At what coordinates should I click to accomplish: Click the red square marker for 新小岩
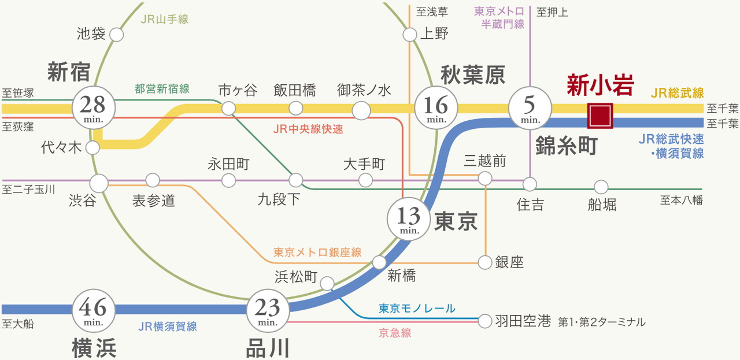600,115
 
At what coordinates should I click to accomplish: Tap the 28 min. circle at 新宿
93,107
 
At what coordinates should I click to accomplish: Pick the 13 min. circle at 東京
409,218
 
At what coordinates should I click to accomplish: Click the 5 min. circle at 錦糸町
530,107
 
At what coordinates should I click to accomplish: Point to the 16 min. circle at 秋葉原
435,107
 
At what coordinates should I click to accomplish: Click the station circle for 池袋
116,35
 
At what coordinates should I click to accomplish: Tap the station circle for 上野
410,35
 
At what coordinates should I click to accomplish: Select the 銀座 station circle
484,262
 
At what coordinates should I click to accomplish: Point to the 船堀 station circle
601,187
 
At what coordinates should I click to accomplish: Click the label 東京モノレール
417,309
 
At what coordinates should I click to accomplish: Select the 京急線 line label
395,333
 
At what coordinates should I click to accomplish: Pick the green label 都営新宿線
162,89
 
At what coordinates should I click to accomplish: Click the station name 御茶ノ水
364,90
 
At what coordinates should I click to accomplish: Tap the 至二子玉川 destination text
29,189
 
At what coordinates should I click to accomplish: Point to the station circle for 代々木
92,148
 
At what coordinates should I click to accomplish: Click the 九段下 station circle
295,180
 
